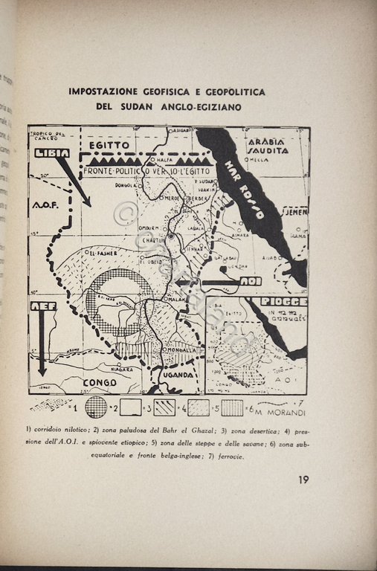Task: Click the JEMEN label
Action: click(294, 212)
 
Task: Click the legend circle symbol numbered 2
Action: click(96, 407)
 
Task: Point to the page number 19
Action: click(303, 480)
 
